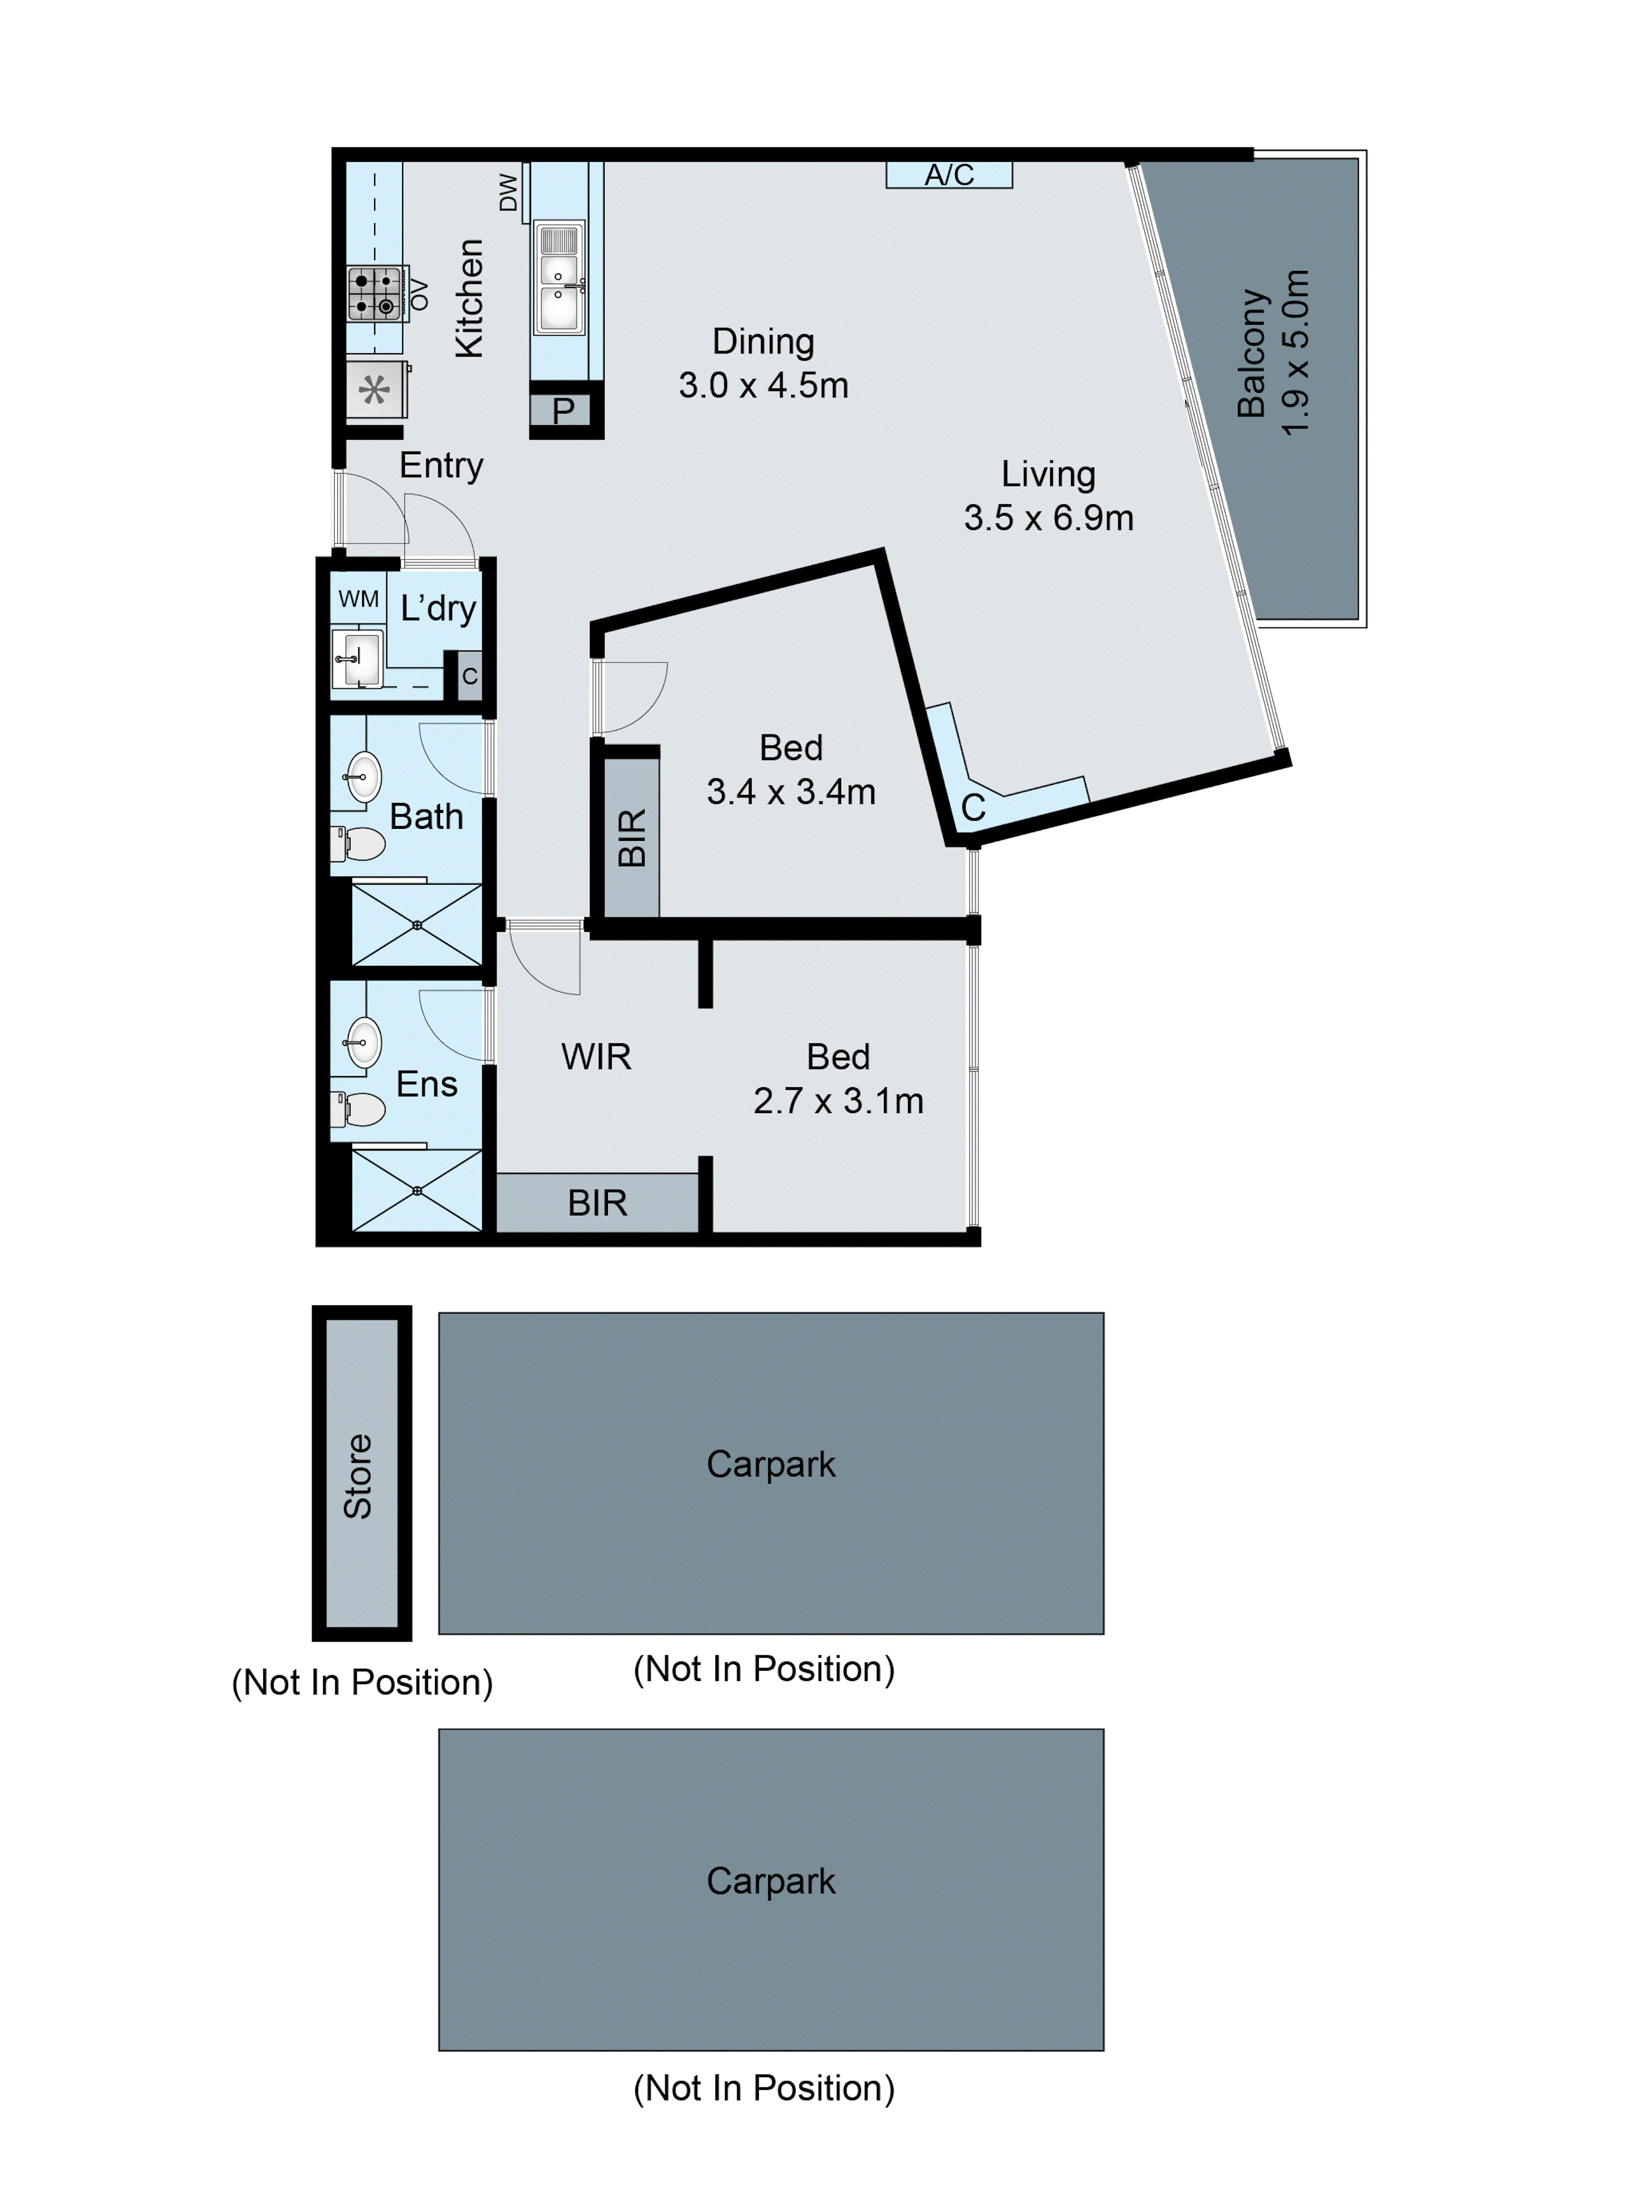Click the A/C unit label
pyautogui.click(x=949, y=176)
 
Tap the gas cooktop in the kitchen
pyautogui.click(x=375, y=293)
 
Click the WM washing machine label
pyautogui.click(x=358, y=599)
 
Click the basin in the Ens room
pyautogui.click(x=363, y=1043)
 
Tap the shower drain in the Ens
pyautogui.click(x=416, y=1190)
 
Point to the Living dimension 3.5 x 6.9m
pyautogui.click(x=1048, y=518)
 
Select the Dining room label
pyautogui.click(x=763, y=341)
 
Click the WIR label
pyautogui.click(x=595, y=1056)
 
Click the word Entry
pyautogui.click(x=441, y=465)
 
